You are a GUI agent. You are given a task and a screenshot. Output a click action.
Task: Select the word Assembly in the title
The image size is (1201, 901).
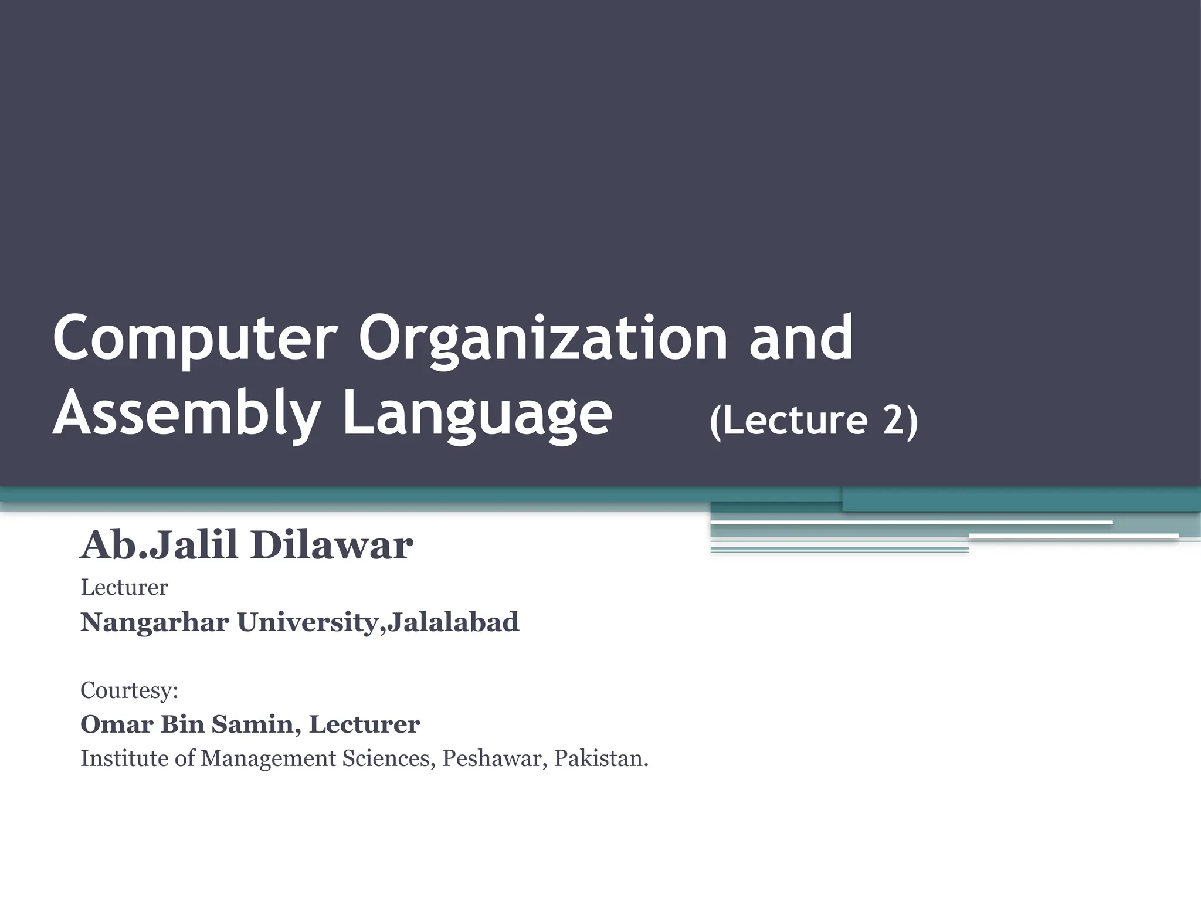(x=186, y=414)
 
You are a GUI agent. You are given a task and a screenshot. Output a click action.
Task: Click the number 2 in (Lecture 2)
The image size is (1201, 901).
(x=893, y=420)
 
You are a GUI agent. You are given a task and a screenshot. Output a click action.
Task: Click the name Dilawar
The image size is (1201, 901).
(x=332, y=546)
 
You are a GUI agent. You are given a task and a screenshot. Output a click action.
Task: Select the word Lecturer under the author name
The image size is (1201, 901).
(x=124, y=587)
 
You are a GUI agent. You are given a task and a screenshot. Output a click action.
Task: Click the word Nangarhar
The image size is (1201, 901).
(x=155, y=622)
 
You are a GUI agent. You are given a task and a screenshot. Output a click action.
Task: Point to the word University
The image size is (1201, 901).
(x=307, y=622)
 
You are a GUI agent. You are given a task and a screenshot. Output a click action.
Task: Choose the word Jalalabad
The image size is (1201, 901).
(x=453, y=622)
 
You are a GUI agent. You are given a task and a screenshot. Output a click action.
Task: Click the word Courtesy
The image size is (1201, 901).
(x=127, y=690)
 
